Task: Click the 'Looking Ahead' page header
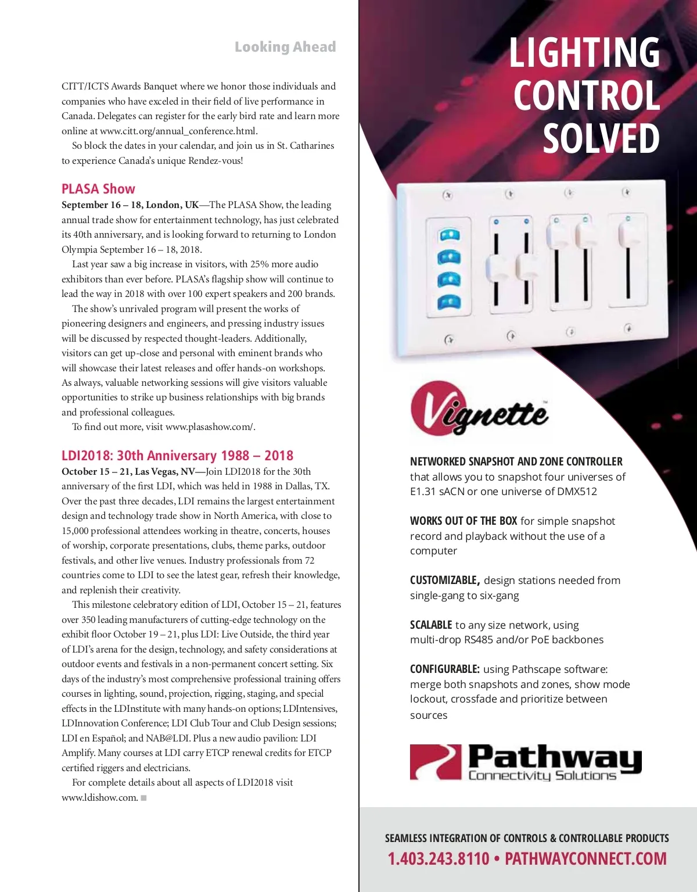[285, 47]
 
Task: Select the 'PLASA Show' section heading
[98, 189]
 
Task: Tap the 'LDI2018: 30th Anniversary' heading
[177, 456]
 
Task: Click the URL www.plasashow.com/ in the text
[210, 427]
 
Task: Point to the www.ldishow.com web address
[100, 797]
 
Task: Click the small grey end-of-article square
[143, 798]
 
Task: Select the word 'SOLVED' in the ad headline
[601, 138]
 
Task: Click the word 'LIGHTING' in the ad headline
[584, 52]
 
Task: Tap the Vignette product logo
[480, 408]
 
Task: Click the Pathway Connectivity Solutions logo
[526, 762]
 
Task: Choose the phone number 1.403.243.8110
[439, 858]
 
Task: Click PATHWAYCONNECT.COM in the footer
[585, 858]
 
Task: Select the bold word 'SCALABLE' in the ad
[431, 625]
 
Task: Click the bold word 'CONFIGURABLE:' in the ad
[445, 669]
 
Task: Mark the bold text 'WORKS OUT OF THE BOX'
[464, 521]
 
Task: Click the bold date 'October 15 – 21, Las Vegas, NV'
[128, 471]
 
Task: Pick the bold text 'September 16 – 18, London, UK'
[130, 205]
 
